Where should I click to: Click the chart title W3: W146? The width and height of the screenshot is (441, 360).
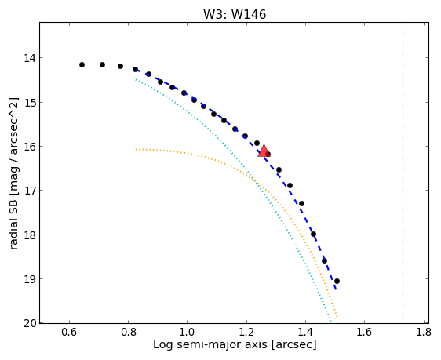coord(235,14)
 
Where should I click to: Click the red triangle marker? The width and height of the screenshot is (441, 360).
coord(264,151)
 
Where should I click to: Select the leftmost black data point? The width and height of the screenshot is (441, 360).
coord(82,64)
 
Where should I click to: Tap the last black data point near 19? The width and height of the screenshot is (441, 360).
coord(337,281)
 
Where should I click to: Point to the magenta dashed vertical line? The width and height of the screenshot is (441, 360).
coord(403,170)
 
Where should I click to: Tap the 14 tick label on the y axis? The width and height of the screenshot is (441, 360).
coord(30,58)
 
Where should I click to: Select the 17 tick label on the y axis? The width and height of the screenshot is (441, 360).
coord(30,191)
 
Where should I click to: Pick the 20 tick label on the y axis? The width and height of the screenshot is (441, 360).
coord(30,323)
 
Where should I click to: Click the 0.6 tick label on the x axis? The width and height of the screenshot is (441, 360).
coord(69,333)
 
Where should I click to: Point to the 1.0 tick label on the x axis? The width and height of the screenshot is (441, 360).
coord(188,333)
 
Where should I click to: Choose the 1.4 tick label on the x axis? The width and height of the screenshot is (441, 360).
coord(305,333)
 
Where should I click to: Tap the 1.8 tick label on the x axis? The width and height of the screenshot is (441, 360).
coord(424,333)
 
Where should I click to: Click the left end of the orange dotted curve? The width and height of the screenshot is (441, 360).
coord(136,149)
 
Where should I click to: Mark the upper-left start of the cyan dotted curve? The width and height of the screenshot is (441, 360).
coord(136,79)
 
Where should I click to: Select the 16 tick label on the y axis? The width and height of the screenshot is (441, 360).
coord(30,147)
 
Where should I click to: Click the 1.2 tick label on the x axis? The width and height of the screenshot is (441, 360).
coord(246,333)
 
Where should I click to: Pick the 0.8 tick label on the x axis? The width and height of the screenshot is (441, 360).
coord(128,333)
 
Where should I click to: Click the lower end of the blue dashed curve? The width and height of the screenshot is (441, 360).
coord(336,289)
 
